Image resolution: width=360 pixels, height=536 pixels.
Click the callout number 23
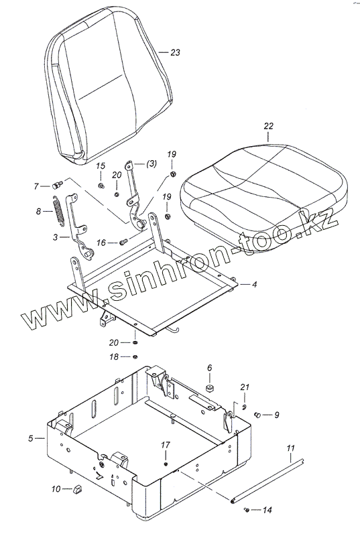[175, 53]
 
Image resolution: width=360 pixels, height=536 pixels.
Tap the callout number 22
[269, 126]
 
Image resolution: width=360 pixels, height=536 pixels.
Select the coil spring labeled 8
[58, 210]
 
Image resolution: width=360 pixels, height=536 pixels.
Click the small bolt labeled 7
[57, 186]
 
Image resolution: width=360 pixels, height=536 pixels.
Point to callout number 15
[101, 166]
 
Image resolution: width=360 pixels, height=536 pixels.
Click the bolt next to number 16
[124, 243]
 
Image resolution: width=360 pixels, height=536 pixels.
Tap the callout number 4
[254, 284]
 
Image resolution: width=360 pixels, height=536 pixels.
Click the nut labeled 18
[135, 357]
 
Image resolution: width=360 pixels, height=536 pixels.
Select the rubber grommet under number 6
[209, 389]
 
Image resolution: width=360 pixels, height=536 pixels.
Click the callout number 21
[245, 387]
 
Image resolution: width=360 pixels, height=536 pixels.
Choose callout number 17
[166, 445]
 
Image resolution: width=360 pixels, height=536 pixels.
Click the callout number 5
[31, 438]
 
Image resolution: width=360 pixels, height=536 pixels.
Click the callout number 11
[290, 448]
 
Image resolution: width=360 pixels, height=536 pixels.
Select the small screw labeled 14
[246, 510]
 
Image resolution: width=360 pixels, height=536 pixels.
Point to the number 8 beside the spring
[39, 211]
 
